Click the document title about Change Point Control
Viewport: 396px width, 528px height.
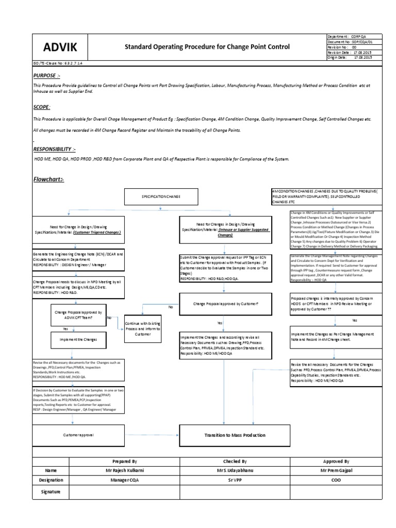(207, 47)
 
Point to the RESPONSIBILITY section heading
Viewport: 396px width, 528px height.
(54, 149)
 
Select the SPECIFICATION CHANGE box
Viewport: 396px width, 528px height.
(161, 197)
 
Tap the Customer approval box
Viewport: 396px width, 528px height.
(78, 436)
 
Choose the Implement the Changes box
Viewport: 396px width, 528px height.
(78, 340)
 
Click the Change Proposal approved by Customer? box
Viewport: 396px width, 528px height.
(225, 304)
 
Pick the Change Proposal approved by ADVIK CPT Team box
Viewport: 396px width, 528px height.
(78, 316)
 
